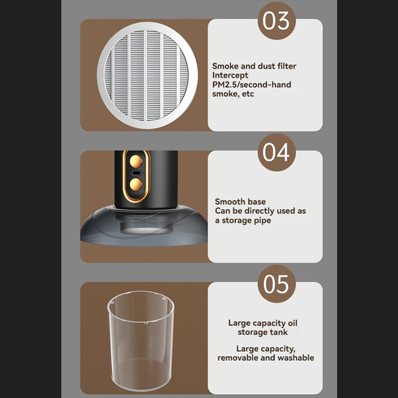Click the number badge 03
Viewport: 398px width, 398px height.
tap(277, 21)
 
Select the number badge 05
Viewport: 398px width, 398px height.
tap(277, 283)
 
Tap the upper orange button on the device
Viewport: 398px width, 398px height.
tap(135, 160)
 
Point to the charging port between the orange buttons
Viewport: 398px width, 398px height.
tap(135, 174)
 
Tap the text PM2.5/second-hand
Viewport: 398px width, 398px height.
tap(251, 85)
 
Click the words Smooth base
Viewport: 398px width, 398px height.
tap(239, 201)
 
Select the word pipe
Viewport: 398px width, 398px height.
tap(262, 220)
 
